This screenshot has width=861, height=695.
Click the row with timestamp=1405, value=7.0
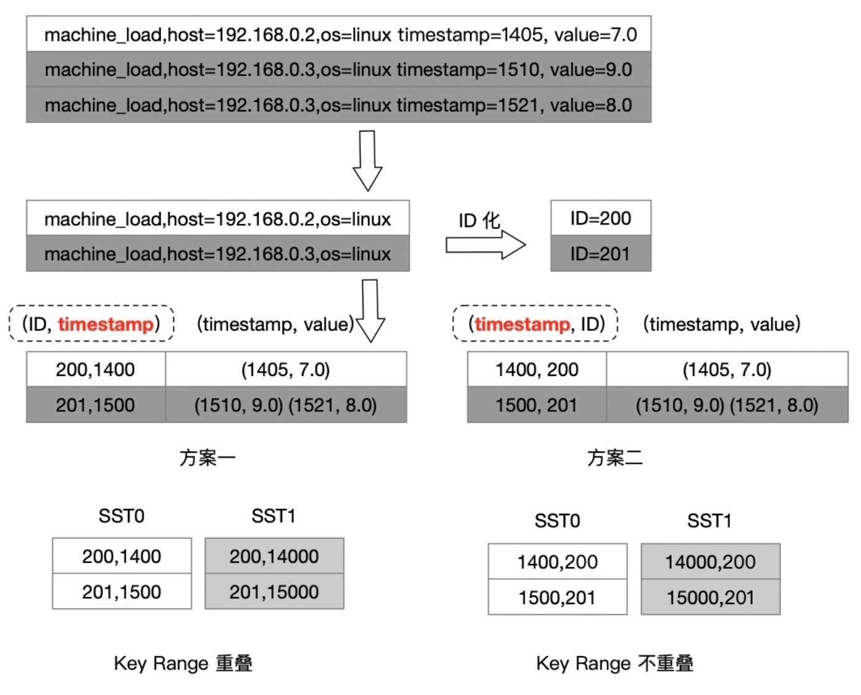tap(339, 34)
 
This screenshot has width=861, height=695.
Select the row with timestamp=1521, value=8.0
tap(339, 104)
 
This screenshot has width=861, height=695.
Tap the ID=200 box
tap(601, 218)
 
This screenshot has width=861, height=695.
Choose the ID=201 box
tap(601, 254)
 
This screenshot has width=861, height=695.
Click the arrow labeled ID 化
tap(486, 245)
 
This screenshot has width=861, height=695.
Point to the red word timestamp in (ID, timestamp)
tap(106, 324)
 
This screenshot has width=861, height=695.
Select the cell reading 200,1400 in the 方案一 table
tap(95, 370)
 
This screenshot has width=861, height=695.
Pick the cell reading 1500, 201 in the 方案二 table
tap(536, 405)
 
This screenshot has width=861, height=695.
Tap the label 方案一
tap(207, 458)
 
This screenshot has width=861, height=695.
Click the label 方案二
tap(615, 458)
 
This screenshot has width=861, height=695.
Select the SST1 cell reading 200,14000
tap(274, 556)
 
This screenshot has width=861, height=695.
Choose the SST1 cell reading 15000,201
tap(710, 597)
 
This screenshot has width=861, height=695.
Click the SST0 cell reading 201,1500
tap(121, 592)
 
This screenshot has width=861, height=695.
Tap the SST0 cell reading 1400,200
tap(557, 561)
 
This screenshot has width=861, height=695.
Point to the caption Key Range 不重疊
tap(615, 663)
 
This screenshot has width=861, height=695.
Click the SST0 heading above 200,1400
tap(121, 516)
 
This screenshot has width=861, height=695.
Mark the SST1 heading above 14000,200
tap(709, 521)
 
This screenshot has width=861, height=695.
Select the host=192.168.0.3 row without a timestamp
tap(218, 254)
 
